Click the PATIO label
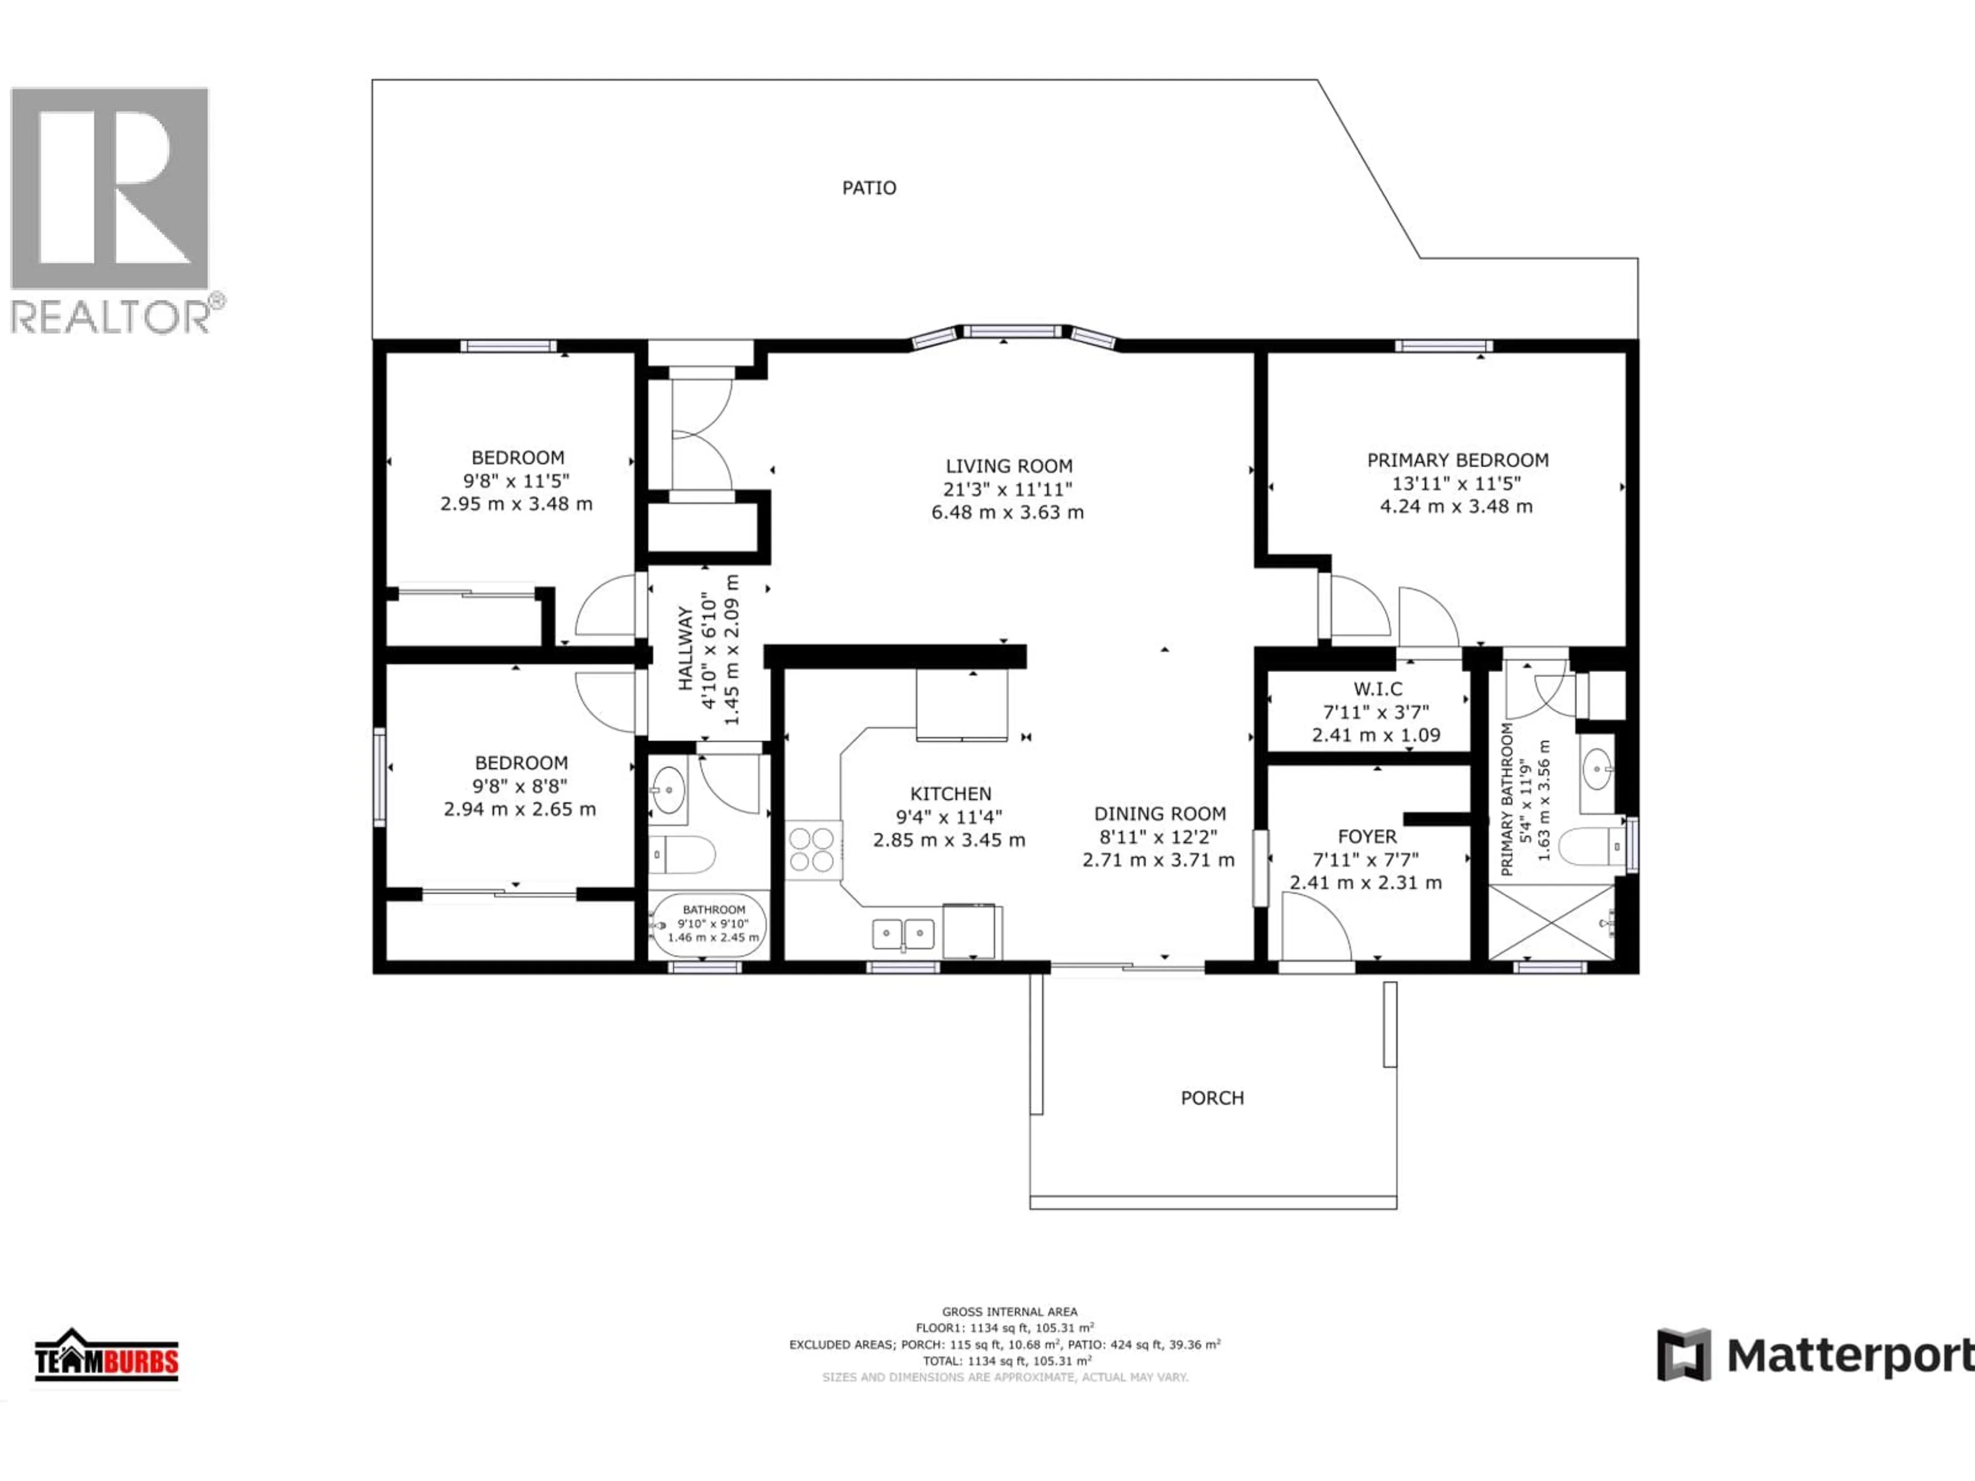coord(869,188)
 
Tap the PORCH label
coord(1212,1098)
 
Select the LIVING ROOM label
coord(1009,466)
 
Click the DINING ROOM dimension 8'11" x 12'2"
coord(1158,837)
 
